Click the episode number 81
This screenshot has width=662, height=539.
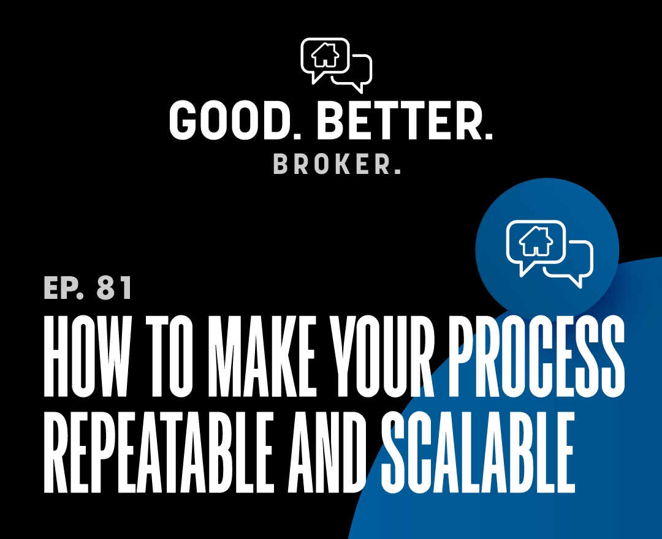pyautogui.click(x=114, y=288)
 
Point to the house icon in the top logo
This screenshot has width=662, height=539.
pyautogui.click(x=325, y=56)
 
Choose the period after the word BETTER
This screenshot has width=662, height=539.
pyautogui.click(x=489, y=135)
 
